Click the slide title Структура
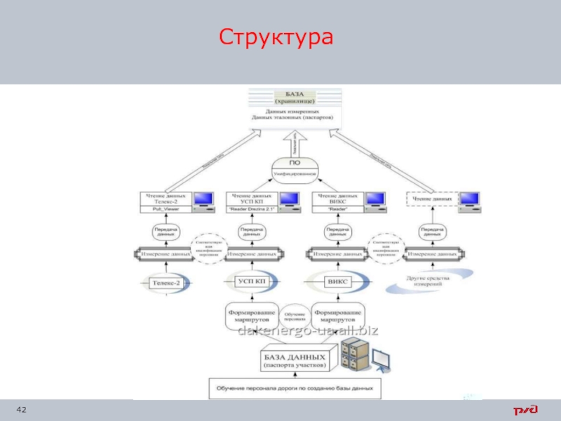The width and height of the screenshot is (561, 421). pyautogui.click(x=274, y=36)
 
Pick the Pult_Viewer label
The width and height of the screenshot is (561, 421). pyautogui.click(x=162, y=209)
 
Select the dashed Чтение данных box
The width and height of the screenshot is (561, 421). pyautogui.click(x=431, y=199)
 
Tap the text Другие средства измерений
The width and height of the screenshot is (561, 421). pyautogui.click(x=429, y=282)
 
